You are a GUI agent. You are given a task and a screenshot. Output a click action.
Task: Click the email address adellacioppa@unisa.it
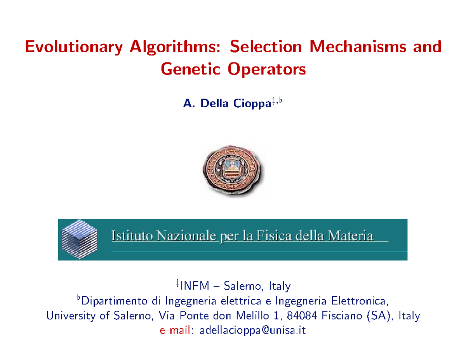252,330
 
